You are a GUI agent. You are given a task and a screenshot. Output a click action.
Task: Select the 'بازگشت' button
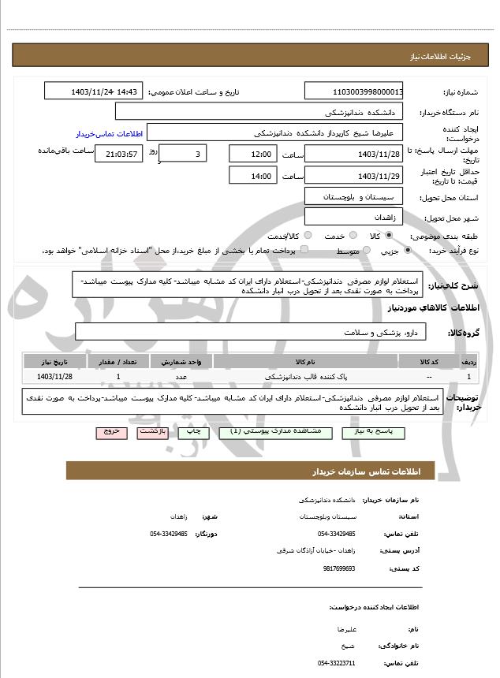pos(151,432)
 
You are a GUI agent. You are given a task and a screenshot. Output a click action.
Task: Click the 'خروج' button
pos(109,432)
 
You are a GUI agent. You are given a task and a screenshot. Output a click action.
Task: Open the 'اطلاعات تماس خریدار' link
pos(107,134)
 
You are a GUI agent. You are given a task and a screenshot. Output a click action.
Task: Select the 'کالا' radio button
pos(389,235)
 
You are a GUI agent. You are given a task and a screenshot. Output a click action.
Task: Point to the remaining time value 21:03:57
pos(119,154)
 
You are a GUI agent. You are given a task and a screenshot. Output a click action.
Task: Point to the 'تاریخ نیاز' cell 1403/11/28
pos(54,378)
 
